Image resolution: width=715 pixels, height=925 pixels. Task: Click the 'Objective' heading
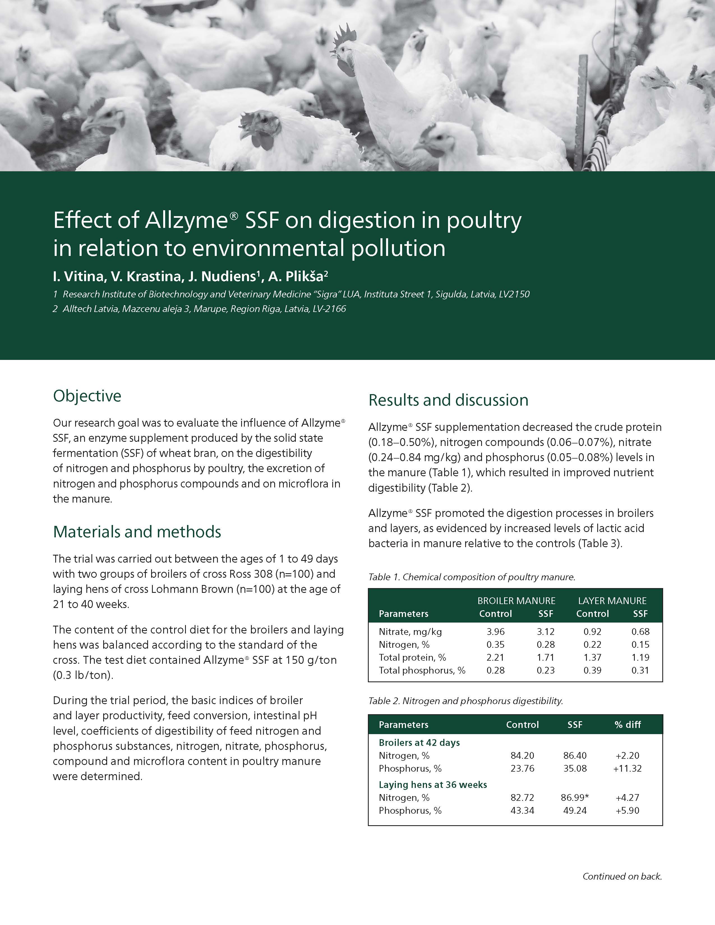pyautogui.click(x=87, y=396)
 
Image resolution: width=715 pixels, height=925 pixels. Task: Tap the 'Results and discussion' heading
pyautogui.click(x=448, y=400)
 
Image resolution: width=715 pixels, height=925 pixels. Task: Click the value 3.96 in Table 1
pyautogui.click(x=495, y=632)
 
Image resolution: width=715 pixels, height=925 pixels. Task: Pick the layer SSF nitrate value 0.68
pyautogui.click(x=640, y=632)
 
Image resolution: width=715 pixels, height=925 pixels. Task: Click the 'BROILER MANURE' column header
pyautogui.click(x=516, y=601)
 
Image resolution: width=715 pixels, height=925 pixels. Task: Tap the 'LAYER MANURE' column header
pyautogui.click(x=612, y=601)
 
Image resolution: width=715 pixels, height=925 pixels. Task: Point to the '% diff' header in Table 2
pyautogui.click(x=627, y=725)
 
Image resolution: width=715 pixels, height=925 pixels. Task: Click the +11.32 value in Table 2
pyautogui.click(x=627, y=768)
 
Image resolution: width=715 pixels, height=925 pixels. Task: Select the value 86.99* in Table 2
pyautogui.click(x=575, y=797)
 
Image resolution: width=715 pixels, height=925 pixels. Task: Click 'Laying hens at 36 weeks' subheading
pyautogui.click(x=432, y=785)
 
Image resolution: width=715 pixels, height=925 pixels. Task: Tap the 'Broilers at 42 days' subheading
pyautogui.click(x=419, y=743)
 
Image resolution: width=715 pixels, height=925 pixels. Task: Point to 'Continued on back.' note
pyautogui.click(x=622, y=876)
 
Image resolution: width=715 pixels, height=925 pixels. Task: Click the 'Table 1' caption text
pyautogui.click(x=471, y=577)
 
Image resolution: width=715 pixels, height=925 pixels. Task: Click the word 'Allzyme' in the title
pyautogui.click(x=186, y=220)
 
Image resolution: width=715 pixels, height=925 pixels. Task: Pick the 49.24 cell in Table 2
pyautogui.click(x=575, y=810)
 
